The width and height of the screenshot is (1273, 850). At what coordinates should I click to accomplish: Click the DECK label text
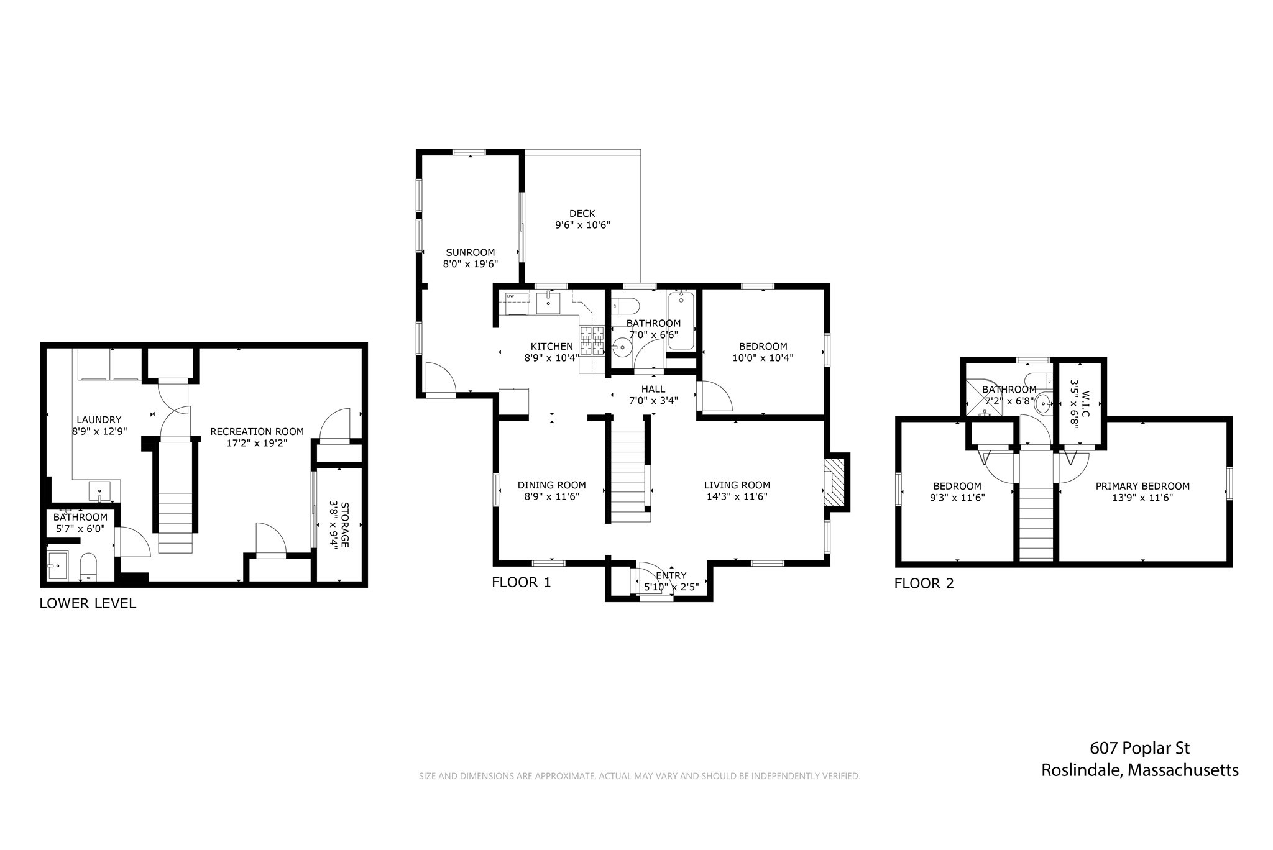tap(582, 214)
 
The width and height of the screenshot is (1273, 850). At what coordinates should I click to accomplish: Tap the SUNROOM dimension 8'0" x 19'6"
tap(470, 264)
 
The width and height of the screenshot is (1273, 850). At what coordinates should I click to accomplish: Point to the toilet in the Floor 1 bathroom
tap(626, 306)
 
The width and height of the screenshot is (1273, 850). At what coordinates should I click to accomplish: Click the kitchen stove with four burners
tap(592, 340)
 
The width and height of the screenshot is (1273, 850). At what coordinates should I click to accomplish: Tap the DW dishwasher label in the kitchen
tap(510, 296)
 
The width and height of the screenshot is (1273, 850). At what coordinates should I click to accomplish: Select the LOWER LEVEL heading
tap(88, 603)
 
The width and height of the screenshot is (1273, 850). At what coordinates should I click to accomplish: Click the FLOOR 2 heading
tap(924, 583)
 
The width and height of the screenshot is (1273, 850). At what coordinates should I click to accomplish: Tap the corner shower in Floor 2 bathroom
tap(984, 398)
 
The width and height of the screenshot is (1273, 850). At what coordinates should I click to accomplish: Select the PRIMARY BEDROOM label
tap(1142, 487)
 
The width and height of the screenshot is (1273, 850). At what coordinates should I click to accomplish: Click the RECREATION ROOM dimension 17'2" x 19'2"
tap(257, 443)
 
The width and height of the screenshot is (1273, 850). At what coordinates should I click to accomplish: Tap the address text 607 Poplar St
tap(1139, 748)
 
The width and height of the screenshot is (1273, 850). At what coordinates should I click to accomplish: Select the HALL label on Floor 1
tap(653, 389)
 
